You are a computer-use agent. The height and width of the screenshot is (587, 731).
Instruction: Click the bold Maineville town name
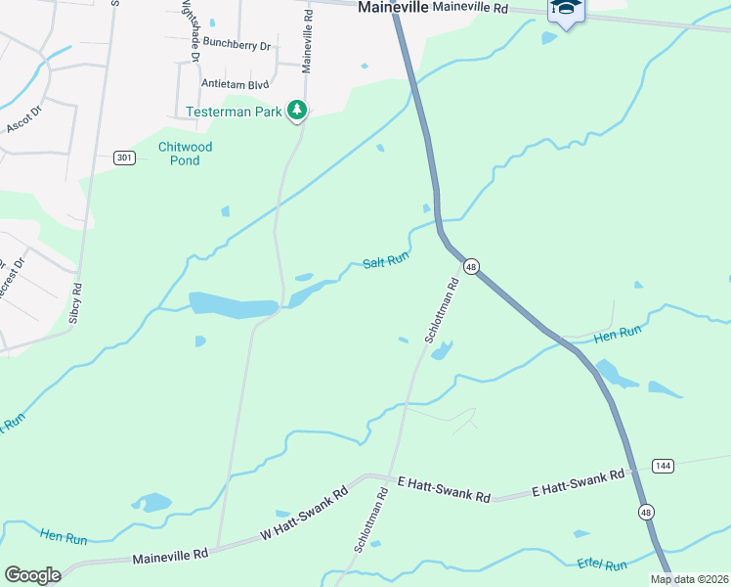pos(392,7)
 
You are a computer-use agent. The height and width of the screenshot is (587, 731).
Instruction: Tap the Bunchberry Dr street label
pos(239,42)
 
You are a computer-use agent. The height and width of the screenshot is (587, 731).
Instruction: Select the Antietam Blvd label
pos(235,83)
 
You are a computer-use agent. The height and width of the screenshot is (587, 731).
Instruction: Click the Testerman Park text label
pos(235,113)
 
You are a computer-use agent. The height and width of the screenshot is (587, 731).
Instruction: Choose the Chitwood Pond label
pos(185,154)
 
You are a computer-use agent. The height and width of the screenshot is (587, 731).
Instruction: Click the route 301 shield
pos(123,158)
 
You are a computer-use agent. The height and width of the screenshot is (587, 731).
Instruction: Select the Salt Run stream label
pos(385,261)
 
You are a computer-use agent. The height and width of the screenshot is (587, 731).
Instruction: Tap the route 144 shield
pos(663,465)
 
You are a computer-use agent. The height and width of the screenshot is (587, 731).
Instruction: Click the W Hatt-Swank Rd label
pos(305,516)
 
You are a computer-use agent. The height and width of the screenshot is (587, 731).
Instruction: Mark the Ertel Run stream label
pos(602,565)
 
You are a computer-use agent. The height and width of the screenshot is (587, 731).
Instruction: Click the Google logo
pos(32,575)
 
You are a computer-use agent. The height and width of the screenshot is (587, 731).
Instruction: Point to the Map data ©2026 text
pos(689,579)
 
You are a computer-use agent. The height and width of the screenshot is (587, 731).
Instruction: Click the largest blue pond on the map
pos(233,305)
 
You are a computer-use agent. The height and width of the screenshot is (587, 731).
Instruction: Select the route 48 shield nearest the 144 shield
pos(646,512)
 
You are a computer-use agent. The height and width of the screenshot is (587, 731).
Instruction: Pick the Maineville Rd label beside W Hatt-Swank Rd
pos(170,556)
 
